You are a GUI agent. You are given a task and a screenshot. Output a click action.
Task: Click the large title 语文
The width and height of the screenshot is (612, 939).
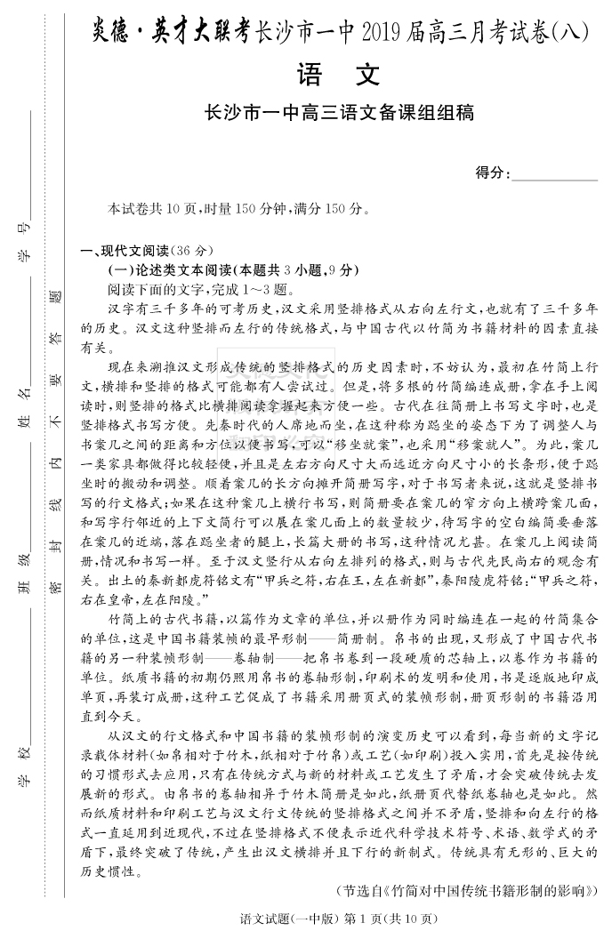coord(338,76)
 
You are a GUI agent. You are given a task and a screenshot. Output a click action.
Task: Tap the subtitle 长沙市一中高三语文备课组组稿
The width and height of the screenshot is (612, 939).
coord(338,113)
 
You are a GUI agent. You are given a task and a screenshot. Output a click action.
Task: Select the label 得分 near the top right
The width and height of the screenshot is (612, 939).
coord(492,173)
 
